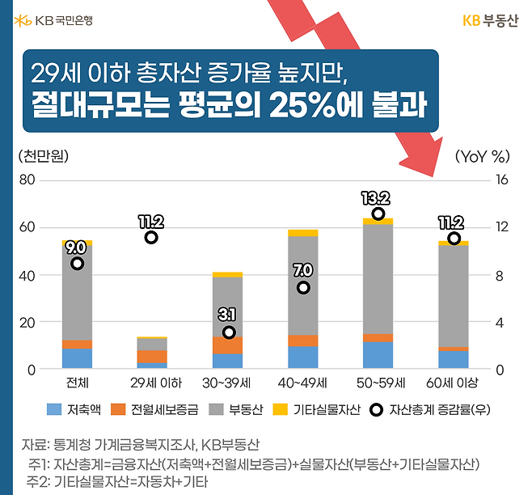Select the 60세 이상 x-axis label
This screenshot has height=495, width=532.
pos(452,383)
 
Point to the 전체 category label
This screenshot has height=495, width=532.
pos(76,383)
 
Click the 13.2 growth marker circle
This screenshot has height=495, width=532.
pos(378,214)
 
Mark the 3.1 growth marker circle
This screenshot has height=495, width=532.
pos(229,332)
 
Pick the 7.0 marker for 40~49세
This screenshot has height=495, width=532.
pos(303,287)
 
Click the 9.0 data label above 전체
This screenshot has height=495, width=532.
pos(76,247)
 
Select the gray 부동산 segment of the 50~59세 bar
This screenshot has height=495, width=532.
pos(378,279)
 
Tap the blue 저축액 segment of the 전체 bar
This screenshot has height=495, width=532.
pos(77,358)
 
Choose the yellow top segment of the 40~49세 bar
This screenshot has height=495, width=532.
pos(303,232)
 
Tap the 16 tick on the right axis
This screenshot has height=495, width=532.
pos(500,180)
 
